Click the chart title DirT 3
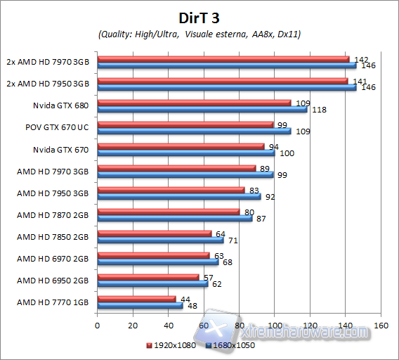click(199, 16)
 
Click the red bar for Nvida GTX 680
click(194, 103)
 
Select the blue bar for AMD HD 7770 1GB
click(140, 305)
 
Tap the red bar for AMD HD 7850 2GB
click(155, 233)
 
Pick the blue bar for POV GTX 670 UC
click(194, 131)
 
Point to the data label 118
click(318, 110)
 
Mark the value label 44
click(186, 300)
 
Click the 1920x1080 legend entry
click(173, 345)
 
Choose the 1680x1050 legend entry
click(230, 345)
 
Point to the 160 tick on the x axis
click(381, 326)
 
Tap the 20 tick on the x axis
click(133, 326)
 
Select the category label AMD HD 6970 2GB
click(53, 258)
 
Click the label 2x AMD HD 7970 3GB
click(47, 62)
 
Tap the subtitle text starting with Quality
click(199, 34)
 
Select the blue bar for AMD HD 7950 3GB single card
click(179, 196)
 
